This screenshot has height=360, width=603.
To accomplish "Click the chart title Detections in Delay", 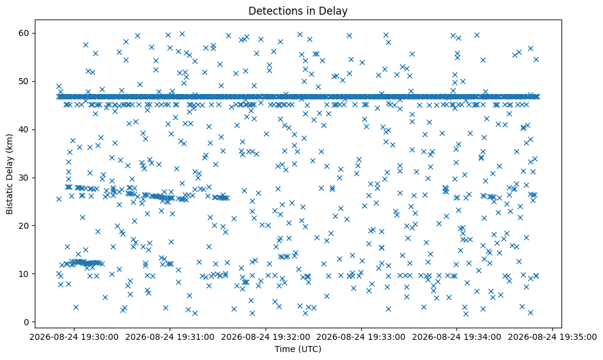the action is coord(298,11).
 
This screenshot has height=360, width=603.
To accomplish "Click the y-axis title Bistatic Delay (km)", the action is coord(9,175).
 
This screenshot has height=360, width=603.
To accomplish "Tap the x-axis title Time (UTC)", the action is coord(298,349).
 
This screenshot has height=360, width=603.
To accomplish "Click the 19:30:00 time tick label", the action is coord(74,337).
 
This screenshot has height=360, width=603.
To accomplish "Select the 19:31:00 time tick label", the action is coord(170,337).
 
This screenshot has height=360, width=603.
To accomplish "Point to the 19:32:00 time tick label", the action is coord(265,337).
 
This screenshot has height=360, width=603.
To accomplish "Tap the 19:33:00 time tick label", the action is coord(361,337).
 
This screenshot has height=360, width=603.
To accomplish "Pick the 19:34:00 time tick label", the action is coord(457,337).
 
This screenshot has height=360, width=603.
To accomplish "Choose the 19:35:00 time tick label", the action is coord(552,337).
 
